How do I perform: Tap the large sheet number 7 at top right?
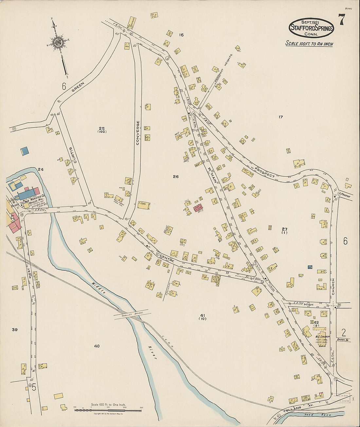click(x=341, y=20)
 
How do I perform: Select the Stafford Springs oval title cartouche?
click(x=311, y=28)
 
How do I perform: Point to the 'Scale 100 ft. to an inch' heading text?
click(x=309, y=44)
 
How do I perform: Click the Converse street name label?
click(x=138, y=133)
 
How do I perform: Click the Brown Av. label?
click(x=343, y=340)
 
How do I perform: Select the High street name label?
click(x=308, y=305)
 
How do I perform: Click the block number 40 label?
click(x=97, y=346)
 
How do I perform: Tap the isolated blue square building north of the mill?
click(x=25, y=151)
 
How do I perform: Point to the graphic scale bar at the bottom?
click(x=108, y=409)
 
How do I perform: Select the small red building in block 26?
click(x=197, y=207)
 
